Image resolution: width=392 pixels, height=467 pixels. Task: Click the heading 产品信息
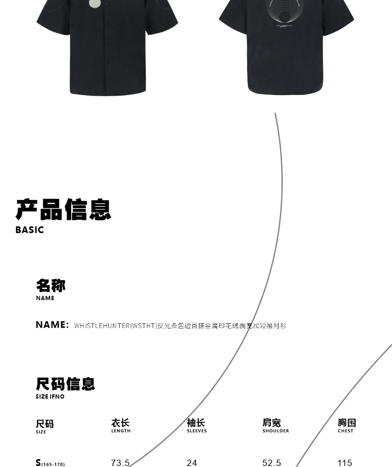click(x=64, y=209)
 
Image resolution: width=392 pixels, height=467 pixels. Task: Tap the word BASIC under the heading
click(x=30, y=230)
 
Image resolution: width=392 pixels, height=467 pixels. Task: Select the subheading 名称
click(x=51, y=286)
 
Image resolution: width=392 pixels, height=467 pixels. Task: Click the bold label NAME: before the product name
click(x=52, y=325)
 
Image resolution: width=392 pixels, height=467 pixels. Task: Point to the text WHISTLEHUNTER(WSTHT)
click(x=116, y=326)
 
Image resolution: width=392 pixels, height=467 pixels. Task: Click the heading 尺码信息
click(x=65, y=384)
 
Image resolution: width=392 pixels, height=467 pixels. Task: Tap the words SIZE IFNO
click(x=50, y=397)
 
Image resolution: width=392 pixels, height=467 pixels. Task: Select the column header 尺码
click(x=45, y=424)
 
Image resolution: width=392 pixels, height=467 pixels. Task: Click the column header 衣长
click(x=120, y=423)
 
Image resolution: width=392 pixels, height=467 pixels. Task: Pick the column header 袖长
click(x=196, y=423)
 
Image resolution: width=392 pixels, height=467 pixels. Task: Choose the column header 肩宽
click(x=272, y=423)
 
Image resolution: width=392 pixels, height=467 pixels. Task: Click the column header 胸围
click(x=347, y=423)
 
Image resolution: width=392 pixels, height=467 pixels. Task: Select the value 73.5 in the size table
click(x=120, y=463)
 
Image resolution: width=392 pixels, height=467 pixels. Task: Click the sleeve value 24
click(x=192, y=463)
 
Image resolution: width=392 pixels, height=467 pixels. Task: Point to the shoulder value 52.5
click(x=271, y=463)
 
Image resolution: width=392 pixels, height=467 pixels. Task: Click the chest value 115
click(x=345, y=463)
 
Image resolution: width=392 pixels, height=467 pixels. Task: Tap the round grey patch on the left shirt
click(x=95, y=4)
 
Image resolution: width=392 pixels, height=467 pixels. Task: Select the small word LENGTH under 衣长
click(x=121, y=431)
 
